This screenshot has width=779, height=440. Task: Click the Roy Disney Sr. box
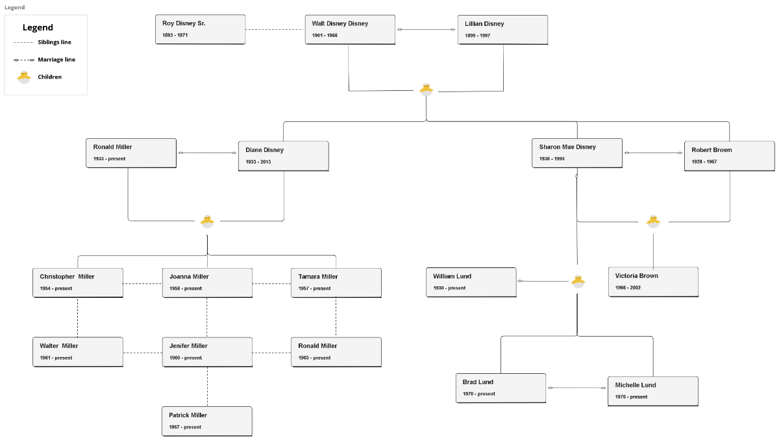tap(200, 29)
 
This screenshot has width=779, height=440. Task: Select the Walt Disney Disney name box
tap(349, 29)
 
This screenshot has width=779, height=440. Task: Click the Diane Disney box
tap(283, 156)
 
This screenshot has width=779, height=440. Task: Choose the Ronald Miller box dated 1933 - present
tap(130, 153)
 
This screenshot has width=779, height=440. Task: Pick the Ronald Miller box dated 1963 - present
tap(336, 352)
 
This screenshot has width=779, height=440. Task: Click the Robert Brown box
tap(729, 156)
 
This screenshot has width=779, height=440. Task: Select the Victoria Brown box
tap(653, 282)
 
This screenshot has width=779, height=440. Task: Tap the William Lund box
tap(471, 282)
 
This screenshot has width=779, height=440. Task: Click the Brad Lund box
tap(501, 387)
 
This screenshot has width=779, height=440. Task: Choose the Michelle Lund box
tap(652, 391)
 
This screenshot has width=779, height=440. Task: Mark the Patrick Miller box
tap(207, 421)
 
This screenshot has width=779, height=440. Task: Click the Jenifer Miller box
tap(207, 352)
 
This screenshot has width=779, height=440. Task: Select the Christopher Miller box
tap(77, 282)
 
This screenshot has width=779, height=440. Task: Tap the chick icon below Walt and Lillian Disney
tap(426, 90)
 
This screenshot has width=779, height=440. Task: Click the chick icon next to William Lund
tap(578, 281)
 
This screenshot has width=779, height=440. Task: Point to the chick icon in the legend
tap(24, 77)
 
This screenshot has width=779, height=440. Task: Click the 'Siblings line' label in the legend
tap(55, 42)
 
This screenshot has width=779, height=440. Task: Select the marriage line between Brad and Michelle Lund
tap(576, 387)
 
